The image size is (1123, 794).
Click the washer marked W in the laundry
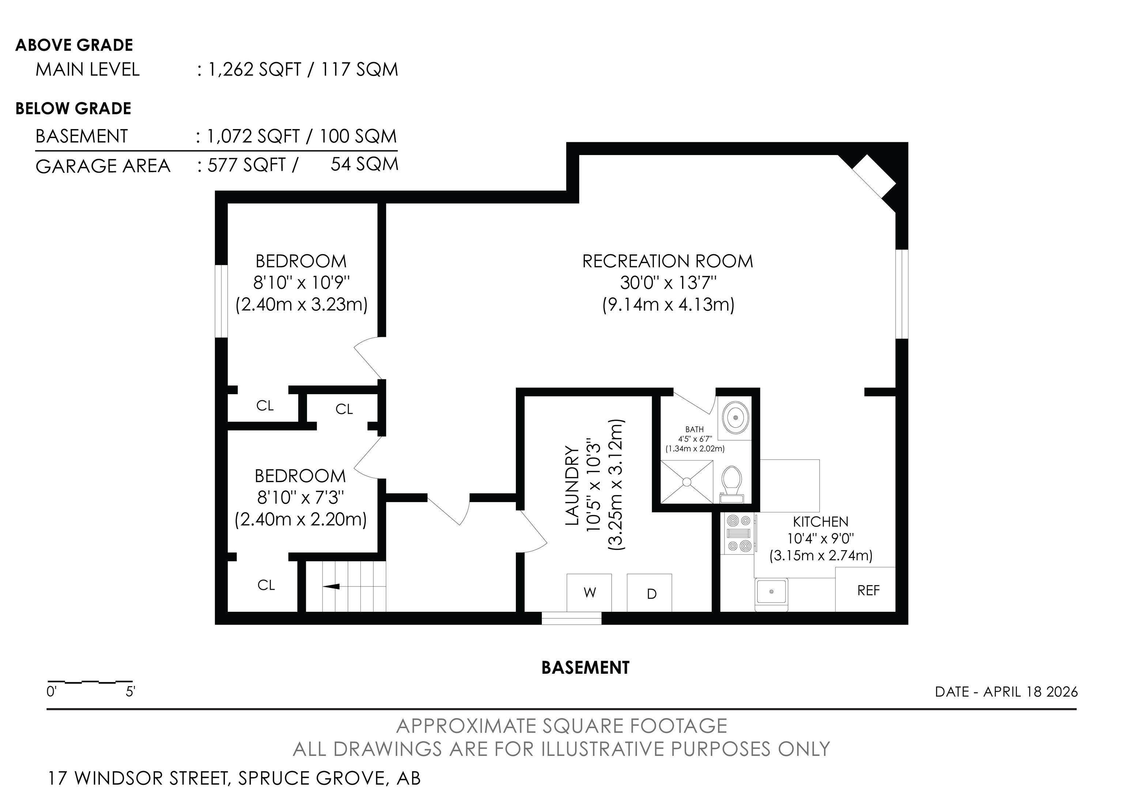tap(589, 592)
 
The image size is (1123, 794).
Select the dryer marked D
tap(650, 592)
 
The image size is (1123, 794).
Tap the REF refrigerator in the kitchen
tap(865, 590)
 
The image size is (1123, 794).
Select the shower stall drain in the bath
tap(687, 482)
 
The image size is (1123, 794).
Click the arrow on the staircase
tap(331, 586)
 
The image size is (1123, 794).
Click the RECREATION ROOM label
tap(667, 261)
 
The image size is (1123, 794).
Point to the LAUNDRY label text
tap(572, 485)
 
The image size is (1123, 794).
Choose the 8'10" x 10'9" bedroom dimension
tap(301, 283)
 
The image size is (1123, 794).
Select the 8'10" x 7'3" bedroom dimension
tap(301, 497)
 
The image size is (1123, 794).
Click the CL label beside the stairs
tap(266, 585)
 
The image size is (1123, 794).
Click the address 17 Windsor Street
tap(137, 778)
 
